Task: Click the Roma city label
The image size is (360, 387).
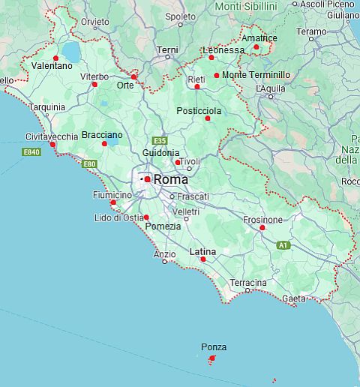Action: click(x=171, y=180)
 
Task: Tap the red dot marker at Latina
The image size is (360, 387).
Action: click(x=203, y=259)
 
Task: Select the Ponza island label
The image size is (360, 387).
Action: click(x=214, y=347)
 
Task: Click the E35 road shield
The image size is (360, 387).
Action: click(x=159, y=141)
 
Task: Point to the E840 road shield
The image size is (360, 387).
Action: click(x=31, y=152)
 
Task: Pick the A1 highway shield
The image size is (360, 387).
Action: click(x=283, y=245)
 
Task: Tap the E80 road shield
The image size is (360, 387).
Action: click(x=89, y=163)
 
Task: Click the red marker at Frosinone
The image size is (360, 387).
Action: click(x=262, y=227)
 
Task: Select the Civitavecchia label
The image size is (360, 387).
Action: click(x=51, y=136)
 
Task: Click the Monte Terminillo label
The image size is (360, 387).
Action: click(x=255, y=75)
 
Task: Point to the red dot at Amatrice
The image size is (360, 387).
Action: click(x=256, y=47)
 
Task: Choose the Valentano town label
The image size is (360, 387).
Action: click(x=52, y=66)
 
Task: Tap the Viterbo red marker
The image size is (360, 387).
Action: click(x=94, y=84)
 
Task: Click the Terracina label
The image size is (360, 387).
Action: click(x=248, y=283)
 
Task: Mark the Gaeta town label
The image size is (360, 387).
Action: click(x=294, y=298)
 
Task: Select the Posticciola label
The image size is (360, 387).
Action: click(x=198, y=110)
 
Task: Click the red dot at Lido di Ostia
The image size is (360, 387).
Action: click(x=136, y=217)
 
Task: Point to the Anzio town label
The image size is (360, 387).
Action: click(x=164, y=253)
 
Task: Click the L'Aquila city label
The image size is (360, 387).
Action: click(x=271, y=88)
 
